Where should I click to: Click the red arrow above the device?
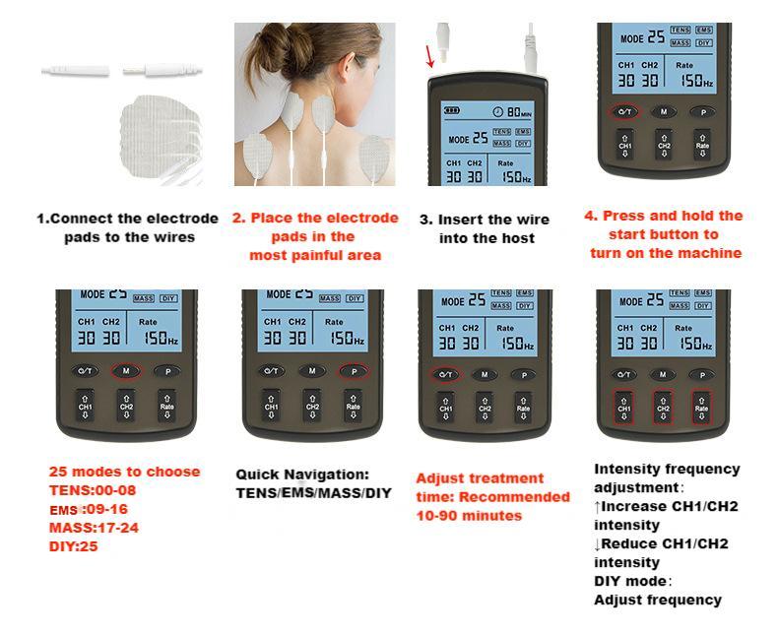pos(429,56)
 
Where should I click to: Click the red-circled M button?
pos(125,371)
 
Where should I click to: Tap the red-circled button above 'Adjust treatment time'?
pos(444,375)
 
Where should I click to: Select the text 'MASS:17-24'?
pos(93,528)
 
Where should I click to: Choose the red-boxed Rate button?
pos(700,407)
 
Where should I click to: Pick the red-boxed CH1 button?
pos(623,407)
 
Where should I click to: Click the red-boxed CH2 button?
pos(663,407)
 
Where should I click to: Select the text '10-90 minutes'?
pos(468,515)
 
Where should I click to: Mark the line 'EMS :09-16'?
pos(89,509)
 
